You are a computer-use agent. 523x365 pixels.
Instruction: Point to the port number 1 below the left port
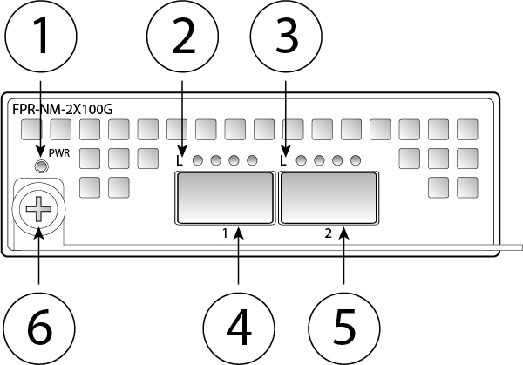(x=225, y=233)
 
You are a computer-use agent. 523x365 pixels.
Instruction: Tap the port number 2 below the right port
(x=328, y=233)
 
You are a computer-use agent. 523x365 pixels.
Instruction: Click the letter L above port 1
(x=180, y=160)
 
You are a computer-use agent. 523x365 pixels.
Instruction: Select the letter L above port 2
(x=284, y=160)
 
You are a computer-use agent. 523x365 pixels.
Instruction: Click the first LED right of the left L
(x=198, y=160)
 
